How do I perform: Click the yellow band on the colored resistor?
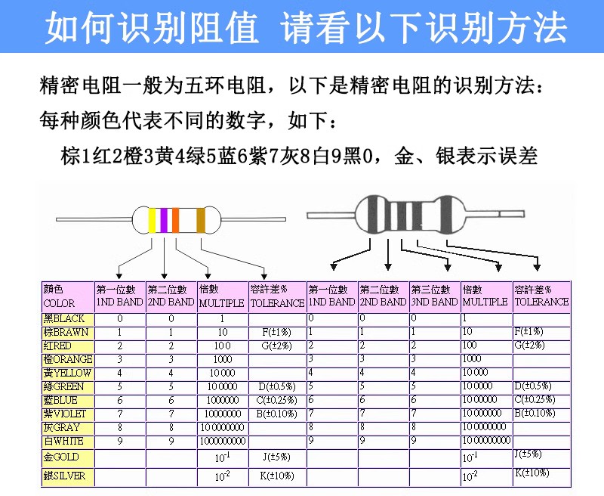[153, 219]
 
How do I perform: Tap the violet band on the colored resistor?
[164, 219]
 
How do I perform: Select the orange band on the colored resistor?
[175, 219]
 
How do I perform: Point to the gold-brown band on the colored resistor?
[201, 219]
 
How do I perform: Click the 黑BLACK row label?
[64, 318]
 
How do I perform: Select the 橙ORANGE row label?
[67, 359]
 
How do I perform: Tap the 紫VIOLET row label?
[65, 414]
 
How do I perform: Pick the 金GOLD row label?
[61, 457]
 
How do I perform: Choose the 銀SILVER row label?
[64, 476]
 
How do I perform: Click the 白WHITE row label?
[63, 441]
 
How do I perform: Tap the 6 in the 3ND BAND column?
[413, 399]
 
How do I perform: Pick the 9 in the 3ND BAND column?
[413, 440]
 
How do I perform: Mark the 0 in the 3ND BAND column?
[413, 318]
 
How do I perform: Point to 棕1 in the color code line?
[75, 157]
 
